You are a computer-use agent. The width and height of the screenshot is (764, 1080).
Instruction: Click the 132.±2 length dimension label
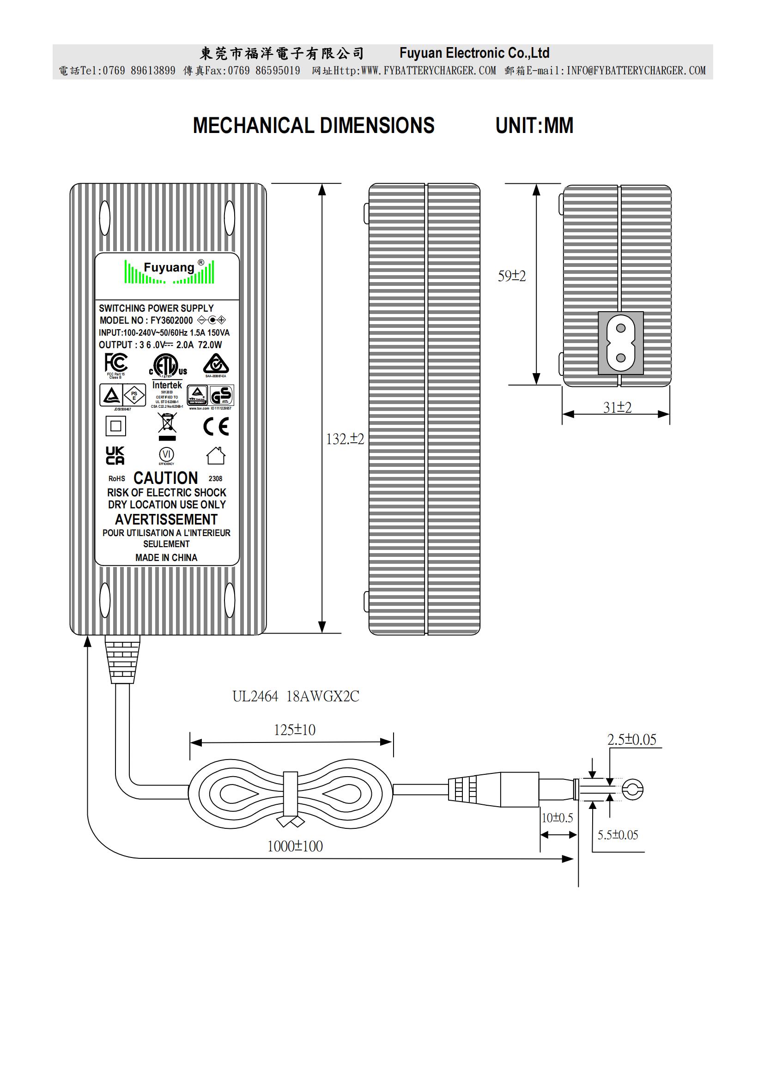[x=345, y=439]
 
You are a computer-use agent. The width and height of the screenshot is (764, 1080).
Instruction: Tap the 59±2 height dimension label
[x=511, y=276]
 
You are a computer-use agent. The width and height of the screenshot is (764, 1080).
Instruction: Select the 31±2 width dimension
[x=617, y=407]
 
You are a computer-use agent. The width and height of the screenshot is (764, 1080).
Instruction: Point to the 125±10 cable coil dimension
[x=295, y=730]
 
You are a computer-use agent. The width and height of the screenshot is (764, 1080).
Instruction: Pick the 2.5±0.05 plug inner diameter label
[x=631, y=739]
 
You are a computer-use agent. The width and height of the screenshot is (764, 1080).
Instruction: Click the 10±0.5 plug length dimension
[x=557, y=818]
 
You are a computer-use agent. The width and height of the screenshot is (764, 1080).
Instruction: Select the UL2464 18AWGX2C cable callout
[x=296, y=696]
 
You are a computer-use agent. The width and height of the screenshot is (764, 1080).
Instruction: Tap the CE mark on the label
[x=216, y=427]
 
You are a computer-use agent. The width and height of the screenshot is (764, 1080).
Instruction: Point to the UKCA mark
[x=115, y=455]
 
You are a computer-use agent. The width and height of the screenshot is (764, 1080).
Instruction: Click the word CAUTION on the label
[x=166, y=478]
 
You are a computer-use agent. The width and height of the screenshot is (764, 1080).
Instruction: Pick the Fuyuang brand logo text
[x=169, y=268]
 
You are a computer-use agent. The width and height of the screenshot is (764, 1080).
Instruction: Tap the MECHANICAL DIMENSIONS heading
[x=313, y=126]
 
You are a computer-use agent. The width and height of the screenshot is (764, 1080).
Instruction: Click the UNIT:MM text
[x=534, y=126]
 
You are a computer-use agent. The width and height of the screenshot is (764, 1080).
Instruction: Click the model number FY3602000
[x=171, y=320]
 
